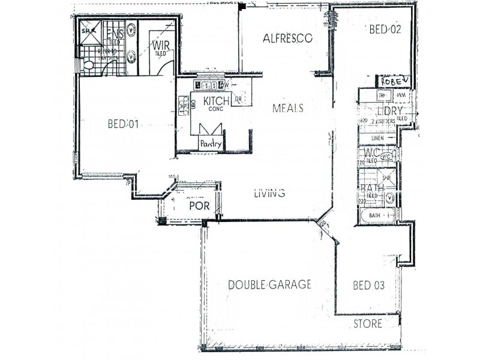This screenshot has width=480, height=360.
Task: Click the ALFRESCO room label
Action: click(288, 38)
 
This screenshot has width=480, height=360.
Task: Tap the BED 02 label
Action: click(385, 29)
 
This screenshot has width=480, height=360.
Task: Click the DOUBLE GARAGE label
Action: click(269, 284)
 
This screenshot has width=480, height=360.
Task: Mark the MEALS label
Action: click(287, 109)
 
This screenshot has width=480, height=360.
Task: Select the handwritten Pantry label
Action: click(211, 144)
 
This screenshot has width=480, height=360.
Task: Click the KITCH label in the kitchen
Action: click(212, 101)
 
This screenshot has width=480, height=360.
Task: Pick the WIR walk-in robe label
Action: click(160, 45)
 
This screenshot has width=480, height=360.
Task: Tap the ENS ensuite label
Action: click(115, 33)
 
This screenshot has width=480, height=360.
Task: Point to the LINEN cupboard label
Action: click(377, 138)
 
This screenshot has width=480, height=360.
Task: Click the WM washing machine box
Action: click(400, 95)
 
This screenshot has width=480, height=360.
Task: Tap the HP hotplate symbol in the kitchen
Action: click(184, 107)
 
